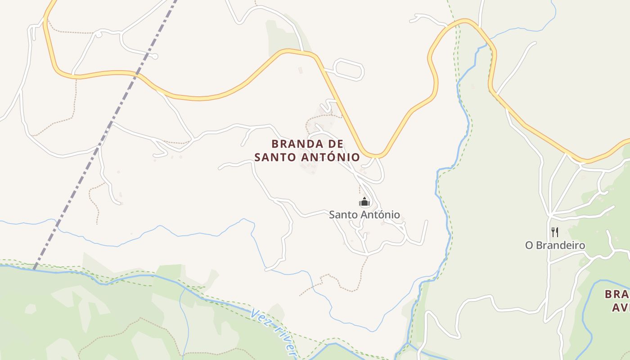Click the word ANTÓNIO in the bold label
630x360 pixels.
[x=333, y=157]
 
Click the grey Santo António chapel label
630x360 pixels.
[x=364, y=215]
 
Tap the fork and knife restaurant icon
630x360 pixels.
[x=555, y=232]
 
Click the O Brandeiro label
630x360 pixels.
[x=555, y=245]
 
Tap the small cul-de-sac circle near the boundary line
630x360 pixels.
[x=155, y=56]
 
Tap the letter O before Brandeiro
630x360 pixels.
[x=529, y=245]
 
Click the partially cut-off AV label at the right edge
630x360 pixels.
[x=620, y=308]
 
